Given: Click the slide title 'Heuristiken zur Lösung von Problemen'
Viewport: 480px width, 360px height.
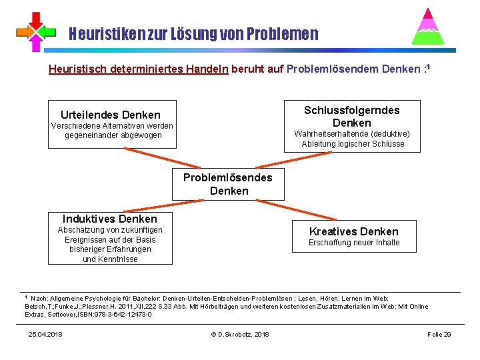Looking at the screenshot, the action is (194, 33).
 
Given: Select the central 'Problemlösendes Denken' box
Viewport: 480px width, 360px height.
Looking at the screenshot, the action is (228, 184).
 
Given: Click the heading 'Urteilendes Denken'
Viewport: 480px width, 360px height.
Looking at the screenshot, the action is (111, 115).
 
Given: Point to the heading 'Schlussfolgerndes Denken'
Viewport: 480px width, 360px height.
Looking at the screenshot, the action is (352, 116).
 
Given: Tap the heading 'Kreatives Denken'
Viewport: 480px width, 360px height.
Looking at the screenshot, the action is (353, 231).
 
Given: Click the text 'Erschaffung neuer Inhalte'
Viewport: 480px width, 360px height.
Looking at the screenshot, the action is (353, 243).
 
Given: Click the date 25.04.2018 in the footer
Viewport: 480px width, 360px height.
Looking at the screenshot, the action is (45, 334).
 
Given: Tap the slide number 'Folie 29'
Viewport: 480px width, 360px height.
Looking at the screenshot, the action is (439, 334).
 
